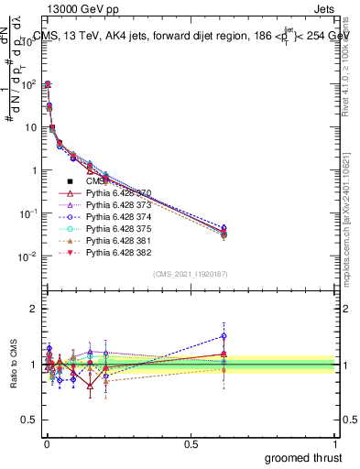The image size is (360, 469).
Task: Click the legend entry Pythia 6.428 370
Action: click(x=116, y=193)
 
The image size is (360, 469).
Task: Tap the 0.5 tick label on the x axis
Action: click(x=191, y=443)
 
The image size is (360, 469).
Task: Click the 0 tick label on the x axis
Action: click(x=47, y=443)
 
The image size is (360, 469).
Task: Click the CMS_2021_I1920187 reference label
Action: click(x=191, y=274)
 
